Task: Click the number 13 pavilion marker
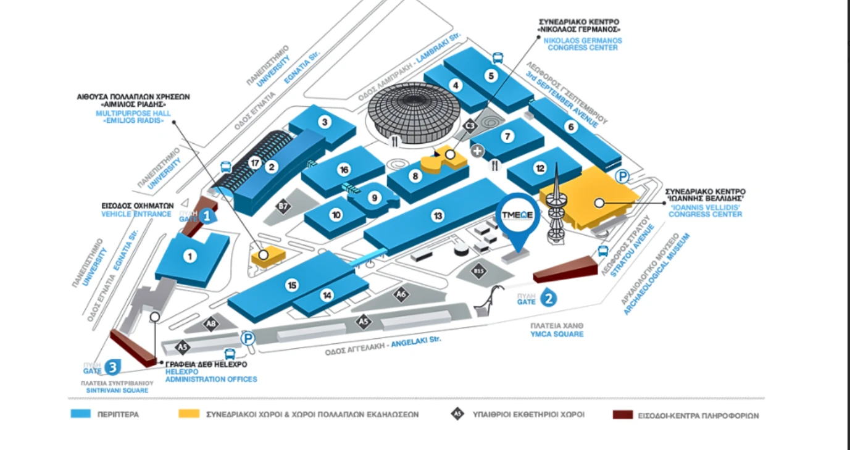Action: point(438,215)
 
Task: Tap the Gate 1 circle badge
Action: point(209,216)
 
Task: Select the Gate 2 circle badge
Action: point(549,299)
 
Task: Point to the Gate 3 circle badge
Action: point(112,367)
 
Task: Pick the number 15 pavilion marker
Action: point(293,285)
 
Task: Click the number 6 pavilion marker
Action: point(571,127)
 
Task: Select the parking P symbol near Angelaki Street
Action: point(248,338)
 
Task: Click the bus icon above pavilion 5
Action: point(498,59)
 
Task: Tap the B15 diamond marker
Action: point(479,271)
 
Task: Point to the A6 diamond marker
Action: point(401,294)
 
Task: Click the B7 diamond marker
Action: point(283,207)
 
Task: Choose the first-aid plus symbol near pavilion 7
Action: point(477,150)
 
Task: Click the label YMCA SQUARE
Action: point(557,334)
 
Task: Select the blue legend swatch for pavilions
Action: point(81,414)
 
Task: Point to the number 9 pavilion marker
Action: point(373,198)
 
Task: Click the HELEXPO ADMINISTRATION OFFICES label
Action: point(210,375)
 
